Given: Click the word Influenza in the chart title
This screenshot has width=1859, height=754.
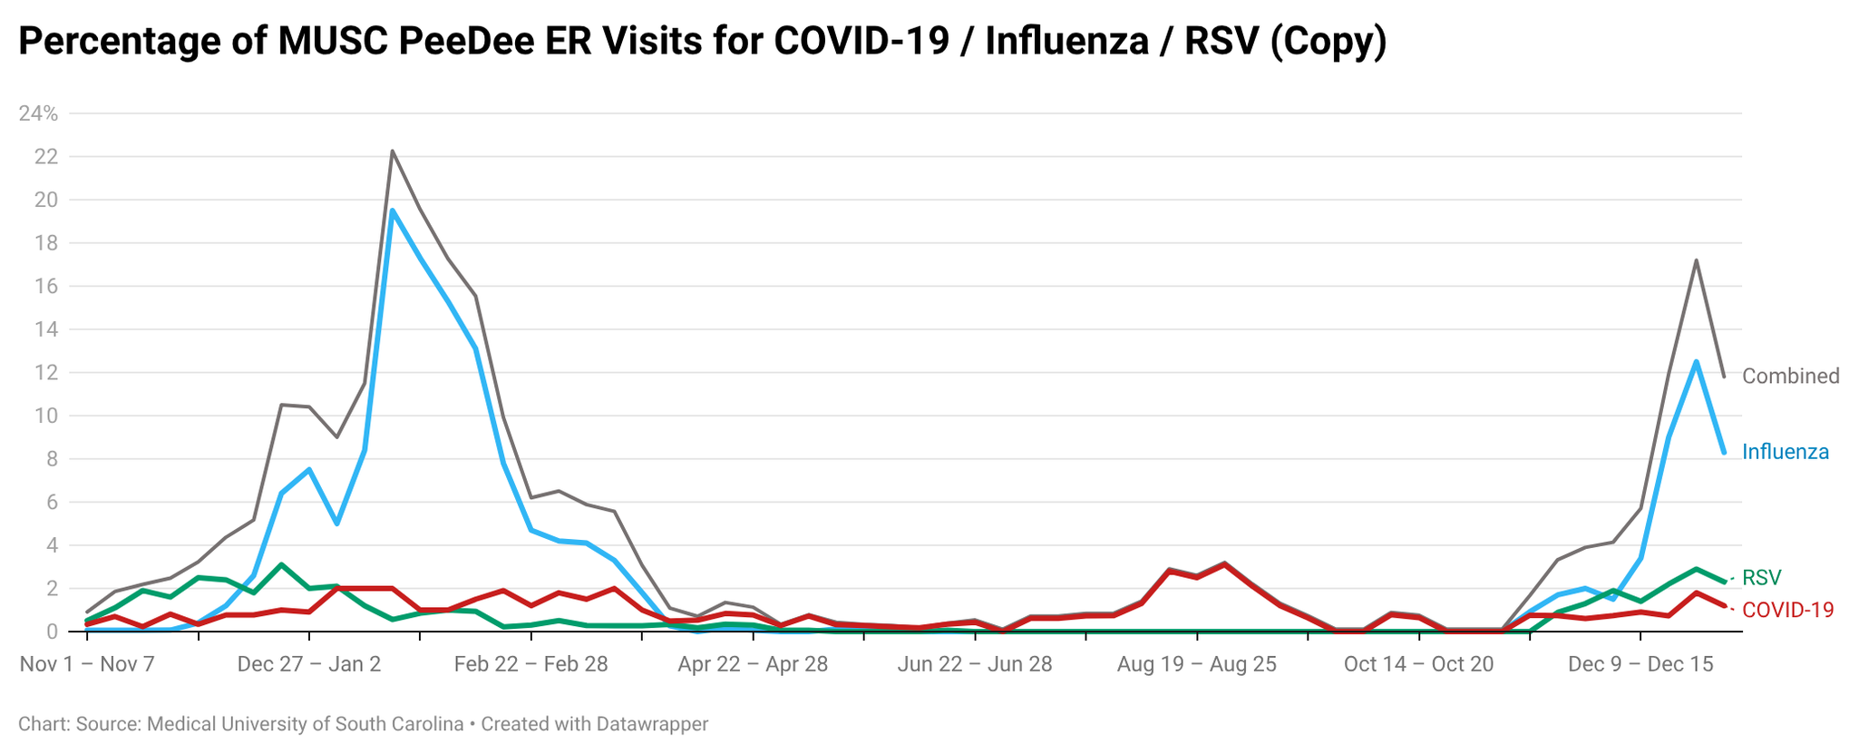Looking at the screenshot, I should (1065, 42).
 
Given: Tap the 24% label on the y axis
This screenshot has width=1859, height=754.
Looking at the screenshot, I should (38, 114).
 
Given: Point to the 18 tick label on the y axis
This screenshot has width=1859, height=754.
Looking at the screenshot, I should (46, 243).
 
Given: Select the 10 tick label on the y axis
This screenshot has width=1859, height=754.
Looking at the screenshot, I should (46, 416).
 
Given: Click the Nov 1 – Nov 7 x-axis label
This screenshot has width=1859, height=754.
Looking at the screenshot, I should (87, 664).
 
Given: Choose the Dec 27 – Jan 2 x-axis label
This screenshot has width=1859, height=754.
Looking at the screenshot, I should (309, 664).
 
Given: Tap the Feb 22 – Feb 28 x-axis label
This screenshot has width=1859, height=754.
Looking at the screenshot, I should (531, 664).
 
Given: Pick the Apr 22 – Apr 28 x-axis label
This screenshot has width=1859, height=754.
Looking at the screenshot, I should (753, 664).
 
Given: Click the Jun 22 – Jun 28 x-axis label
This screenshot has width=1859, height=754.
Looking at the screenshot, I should (975, 664).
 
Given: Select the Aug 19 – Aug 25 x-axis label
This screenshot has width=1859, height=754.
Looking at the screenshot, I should (1197, 664).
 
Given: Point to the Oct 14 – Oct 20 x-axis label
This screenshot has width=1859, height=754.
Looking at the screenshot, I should (1418, 664).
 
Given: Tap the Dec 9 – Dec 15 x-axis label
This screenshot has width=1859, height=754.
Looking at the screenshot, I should (1640, 664).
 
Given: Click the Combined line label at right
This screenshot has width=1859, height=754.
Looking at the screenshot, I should (1791, 377).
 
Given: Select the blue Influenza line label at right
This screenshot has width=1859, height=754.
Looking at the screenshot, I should (1786, 452).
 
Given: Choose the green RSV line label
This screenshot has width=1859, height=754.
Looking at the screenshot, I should (1762, 578).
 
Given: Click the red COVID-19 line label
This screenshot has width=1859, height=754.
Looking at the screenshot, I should (1788, 611).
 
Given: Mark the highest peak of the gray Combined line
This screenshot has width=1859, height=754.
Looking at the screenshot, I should (392, 152).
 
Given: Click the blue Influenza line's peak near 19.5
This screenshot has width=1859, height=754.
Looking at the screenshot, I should (392, 211).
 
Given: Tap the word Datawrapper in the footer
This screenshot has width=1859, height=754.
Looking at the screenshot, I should (652, 725).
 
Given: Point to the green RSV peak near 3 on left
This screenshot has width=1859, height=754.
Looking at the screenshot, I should (282, 564).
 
